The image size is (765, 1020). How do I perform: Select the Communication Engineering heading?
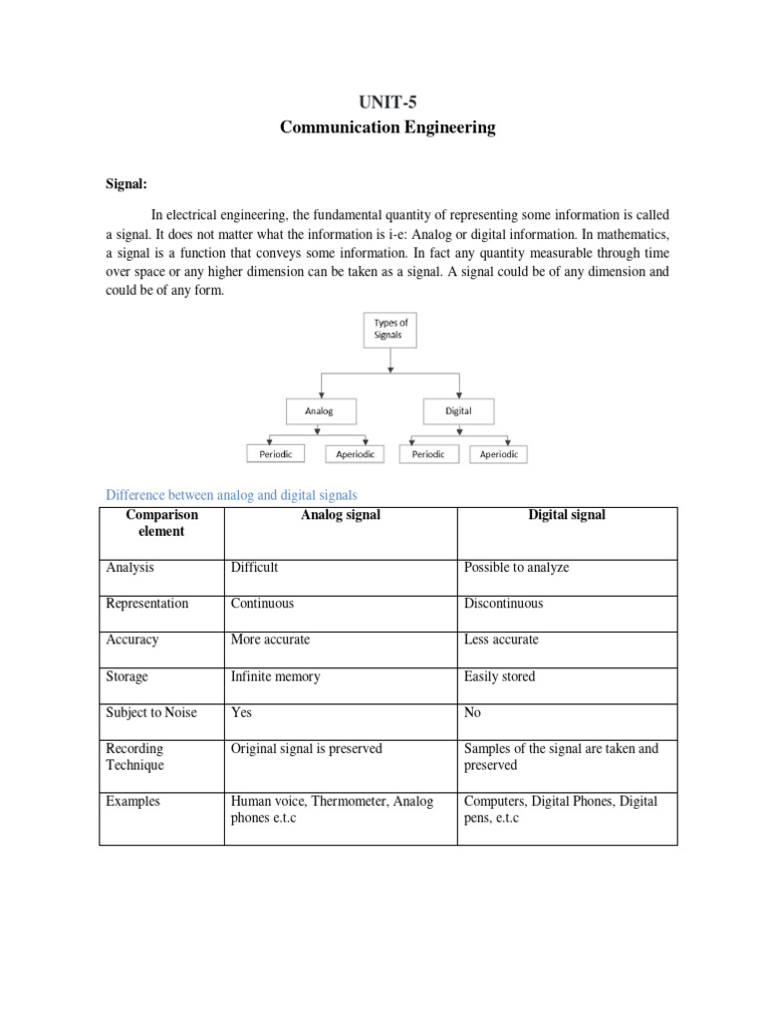pyautogui.click(x=387, y=127)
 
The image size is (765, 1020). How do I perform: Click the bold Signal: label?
pyautogui.click(x=127, y=184)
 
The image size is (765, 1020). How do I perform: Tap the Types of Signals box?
pyautogui.click(x=390, y=330)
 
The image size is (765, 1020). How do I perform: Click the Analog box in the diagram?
pyautogui.click(x=319, y=409)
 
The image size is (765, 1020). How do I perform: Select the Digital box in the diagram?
pyautogui.click(x=459, y=409)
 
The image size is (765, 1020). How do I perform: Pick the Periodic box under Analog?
pyautogui.click(x=276, y=454)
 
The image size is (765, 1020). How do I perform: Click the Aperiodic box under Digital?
pyautogui.click(x=498, y=454)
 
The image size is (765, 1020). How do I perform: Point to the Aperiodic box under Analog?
pyautogui.click(x=356, y=454)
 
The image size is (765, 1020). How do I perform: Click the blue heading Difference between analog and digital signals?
pyautogui.click(x=231, y=495)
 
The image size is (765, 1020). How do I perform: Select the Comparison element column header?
pyautogui.click(x=162, y=523)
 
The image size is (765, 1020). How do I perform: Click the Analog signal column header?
pyautogui.click(x=340, y=515)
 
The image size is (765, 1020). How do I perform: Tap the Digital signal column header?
pyautogui.click(x=567, y=515)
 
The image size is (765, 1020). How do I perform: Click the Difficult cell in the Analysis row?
pyautogui.click(x=254, y=568)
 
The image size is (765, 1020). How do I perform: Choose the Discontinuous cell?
pyautogui.click(x=503, y=604)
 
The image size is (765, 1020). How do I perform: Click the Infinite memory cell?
pyautogui.click(x=276, y=676)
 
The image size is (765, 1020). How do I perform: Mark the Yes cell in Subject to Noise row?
pyautogui.click(x=241, y=713)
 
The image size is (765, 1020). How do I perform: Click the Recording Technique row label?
pyautogui.click(x=135, y=757)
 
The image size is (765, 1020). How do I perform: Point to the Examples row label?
pyautogui.click(x=133, y=801)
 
